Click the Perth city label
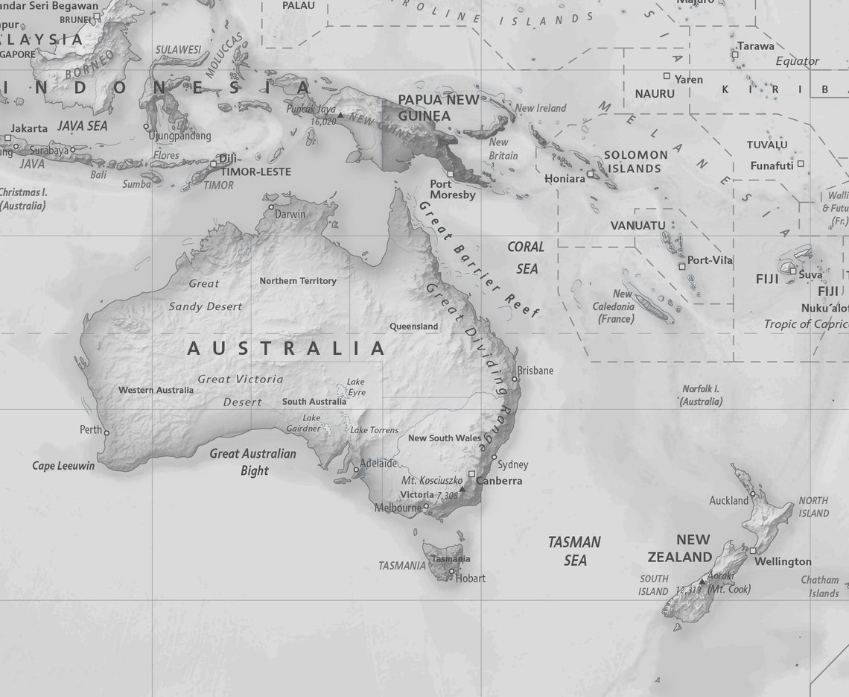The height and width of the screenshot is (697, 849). tap(90, 430)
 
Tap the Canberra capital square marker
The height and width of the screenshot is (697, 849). tap(471, 474)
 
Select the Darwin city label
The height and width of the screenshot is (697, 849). tap(290, 214)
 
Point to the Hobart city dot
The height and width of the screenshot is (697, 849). tap(451, 572)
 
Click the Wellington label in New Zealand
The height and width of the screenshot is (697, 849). tap(783, 561)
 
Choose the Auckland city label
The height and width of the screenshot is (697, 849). tap(728, 500)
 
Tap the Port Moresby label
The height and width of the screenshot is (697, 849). tap(452, 189)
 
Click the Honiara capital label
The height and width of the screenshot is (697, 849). tap(565, 179)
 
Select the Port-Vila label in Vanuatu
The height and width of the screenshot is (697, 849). tap(710, 260)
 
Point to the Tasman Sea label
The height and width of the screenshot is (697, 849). tap(574, 551)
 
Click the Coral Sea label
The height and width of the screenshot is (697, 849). tap(527, 257)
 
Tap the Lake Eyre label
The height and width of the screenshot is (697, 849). tap(357, 387)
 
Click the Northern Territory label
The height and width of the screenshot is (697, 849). tap(298, 281)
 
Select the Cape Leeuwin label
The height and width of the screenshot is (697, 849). tap(63, 466)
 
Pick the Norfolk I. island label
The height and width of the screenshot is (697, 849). tap(701, 394)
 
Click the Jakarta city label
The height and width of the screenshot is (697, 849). tap(29, 128)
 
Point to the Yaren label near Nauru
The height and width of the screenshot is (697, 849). tap(688, 79)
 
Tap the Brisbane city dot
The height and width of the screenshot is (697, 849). tap(514, 379)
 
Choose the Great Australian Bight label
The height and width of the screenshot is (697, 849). tap(253, 461)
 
